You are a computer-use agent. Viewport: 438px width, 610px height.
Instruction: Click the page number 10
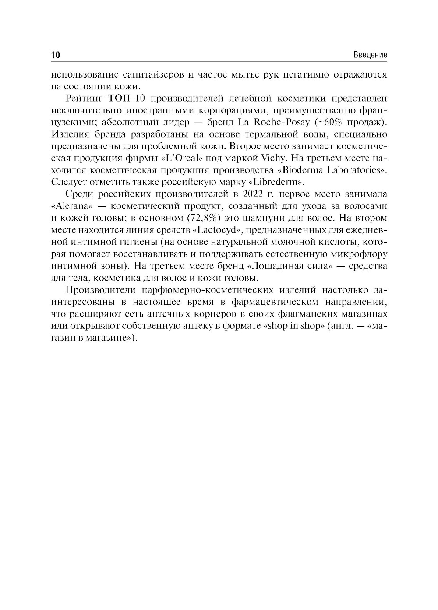[x=55, y=55]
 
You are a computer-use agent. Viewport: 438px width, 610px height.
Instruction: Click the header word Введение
[x=370, y=55]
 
